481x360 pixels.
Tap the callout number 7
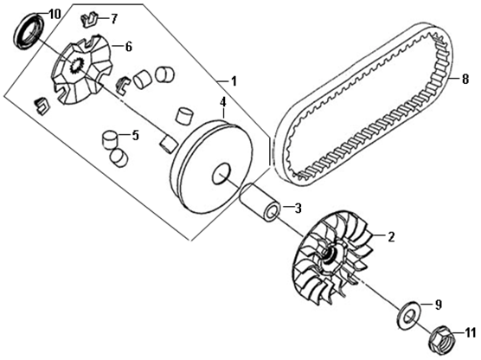113,19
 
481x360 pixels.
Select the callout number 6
128,47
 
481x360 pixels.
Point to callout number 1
234,81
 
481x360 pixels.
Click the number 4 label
223,102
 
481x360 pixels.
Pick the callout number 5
135,135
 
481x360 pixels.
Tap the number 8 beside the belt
465,80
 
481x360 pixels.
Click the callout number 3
298,209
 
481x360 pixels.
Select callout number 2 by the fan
391,237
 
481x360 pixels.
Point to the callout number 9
438,305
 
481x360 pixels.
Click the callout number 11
470,333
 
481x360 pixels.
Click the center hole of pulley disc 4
221,174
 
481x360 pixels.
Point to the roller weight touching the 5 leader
110,140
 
